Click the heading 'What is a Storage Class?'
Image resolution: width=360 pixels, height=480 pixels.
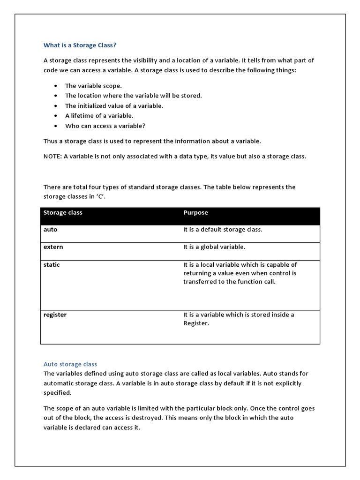point(80,45)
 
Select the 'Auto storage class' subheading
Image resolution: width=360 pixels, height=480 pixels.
point(70,364)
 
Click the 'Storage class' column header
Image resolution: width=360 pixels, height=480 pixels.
point(63,212)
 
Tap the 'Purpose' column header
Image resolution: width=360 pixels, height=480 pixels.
point(195,212)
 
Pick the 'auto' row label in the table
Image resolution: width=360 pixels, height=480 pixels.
point(50,230)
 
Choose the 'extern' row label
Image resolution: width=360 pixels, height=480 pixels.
point(53,247)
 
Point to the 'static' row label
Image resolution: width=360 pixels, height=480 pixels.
point(52,264)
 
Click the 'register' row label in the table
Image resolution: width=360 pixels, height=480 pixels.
point(55,315)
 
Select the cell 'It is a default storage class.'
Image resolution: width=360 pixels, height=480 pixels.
point(223,230)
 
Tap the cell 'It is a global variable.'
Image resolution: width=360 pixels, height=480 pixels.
point(214,247)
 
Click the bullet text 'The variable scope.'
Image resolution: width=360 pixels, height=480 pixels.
point(93,86)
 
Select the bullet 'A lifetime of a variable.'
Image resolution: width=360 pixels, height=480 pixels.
point(99,115)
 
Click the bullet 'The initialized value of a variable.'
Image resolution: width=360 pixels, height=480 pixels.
point(114,105)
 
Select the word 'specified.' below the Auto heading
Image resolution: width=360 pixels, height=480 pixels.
point(58,392)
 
